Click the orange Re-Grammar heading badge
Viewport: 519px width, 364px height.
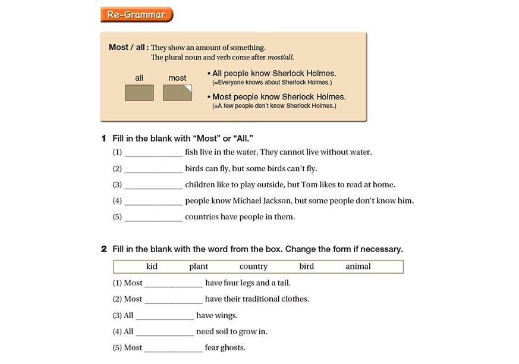point(136,15)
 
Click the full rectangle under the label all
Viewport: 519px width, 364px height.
point(139,93)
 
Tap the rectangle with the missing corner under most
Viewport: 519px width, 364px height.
point(177,93)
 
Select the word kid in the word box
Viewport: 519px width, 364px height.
point(152,266)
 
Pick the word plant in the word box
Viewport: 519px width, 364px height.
point(199,266)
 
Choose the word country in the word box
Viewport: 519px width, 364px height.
point(253,266)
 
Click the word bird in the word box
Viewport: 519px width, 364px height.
point(307,266)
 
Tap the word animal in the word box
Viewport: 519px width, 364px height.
point(358,266)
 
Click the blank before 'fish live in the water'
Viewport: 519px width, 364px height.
point(153,153)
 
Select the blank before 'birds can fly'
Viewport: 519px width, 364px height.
point(153,169)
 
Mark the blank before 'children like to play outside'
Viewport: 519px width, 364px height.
point(153,185)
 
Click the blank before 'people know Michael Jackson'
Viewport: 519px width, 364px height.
point(153,201)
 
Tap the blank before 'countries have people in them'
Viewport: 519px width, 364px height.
point(153,217)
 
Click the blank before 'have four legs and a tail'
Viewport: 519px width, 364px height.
point(174,284)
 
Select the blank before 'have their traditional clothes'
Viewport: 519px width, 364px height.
point(174,300)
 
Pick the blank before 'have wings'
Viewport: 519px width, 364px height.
point(165,316)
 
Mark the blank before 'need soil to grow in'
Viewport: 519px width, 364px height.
point(165,332)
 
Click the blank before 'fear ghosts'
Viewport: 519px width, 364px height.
point(174,348)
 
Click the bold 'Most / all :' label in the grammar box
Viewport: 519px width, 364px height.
point(128,48)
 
